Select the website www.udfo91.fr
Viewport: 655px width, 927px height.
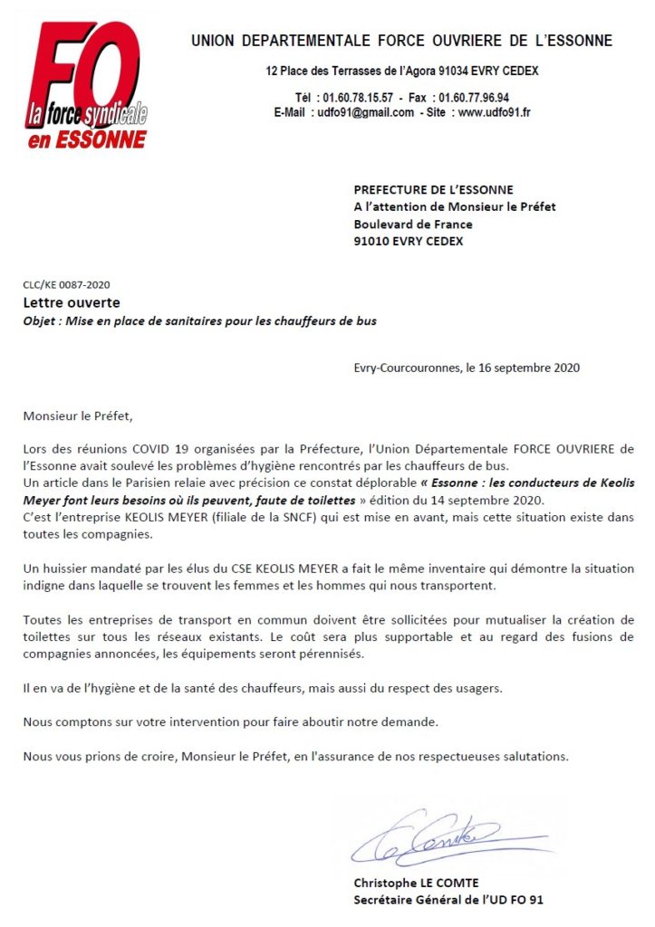pyautogui.click(x=494, y=113)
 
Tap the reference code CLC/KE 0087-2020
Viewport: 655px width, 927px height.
pyautogui.click(x=67, y=284)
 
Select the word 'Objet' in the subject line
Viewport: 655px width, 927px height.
pyautogui.click(x=40, y=320)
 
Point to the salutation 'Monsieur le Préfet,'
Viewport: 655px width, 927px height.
pyautogui.click(x=78, y=417)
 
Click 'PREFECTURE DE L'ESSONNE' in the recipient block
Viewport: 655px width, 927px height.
pyautogui.click(x=433, y=190)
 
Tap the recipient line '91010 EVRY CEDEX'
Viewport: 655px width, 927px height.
pyautogui.click(x=409, y=242)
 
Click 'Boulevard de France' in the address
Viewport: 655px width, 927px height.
pyautogui.click(x=409, y=225)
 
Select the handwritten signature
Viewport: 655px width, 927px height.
pyautogui.click(x=424, y=838)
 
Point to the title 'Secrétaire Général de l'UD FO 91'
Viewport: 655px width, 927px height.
pyautogui.click(x=448, y=900)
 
